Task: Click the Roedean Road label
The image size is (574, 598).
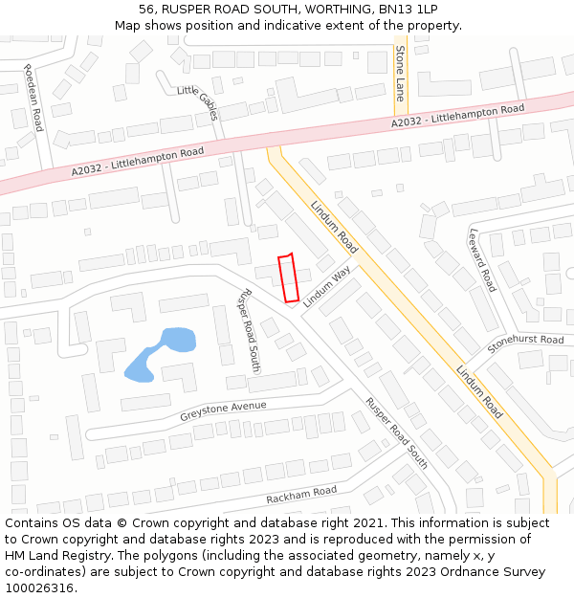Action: tap(34, 99)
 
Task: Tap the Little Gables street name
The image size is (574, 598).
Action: tap(198, 102)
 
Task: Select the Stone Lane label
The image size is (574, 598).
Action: tap(401, 74)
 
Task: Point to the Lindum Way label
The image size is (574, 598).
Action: tap(327, 286)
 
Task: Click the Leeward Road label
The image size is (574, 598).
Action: tap(482, 260)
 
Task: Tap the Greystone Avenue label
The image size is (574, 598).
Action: tap(222, 409)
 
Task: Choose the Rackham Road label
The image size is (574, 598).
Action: tap(301, 495)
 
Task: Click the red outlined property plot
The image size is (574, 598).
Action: tap(288, 278)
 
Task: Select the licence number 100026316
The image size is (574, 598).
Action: tap(39, 588)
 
